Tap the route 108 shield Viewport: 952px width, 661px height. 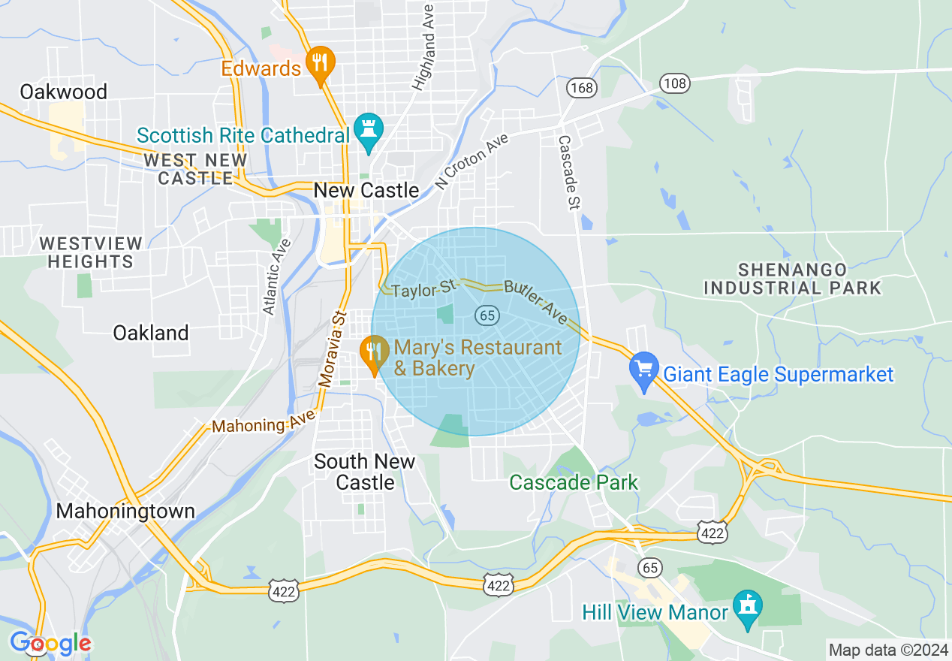[x=675, y=83]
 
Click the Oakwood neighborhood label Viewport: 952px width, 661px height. [x=64, y=92]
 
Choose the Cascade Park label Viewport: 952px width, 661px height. [x=574, y=482]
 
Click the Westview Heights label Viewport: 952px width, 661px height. [x=91, y=252]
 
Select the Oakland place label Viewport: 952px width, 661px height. [x=151, y=333]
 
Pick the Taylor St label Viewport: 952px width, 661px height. [x=424, y=288]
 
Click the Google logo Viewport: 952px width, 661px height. [x=50, y=643]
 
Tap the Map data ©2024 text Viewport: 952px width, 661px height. [x=887, y=649]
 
